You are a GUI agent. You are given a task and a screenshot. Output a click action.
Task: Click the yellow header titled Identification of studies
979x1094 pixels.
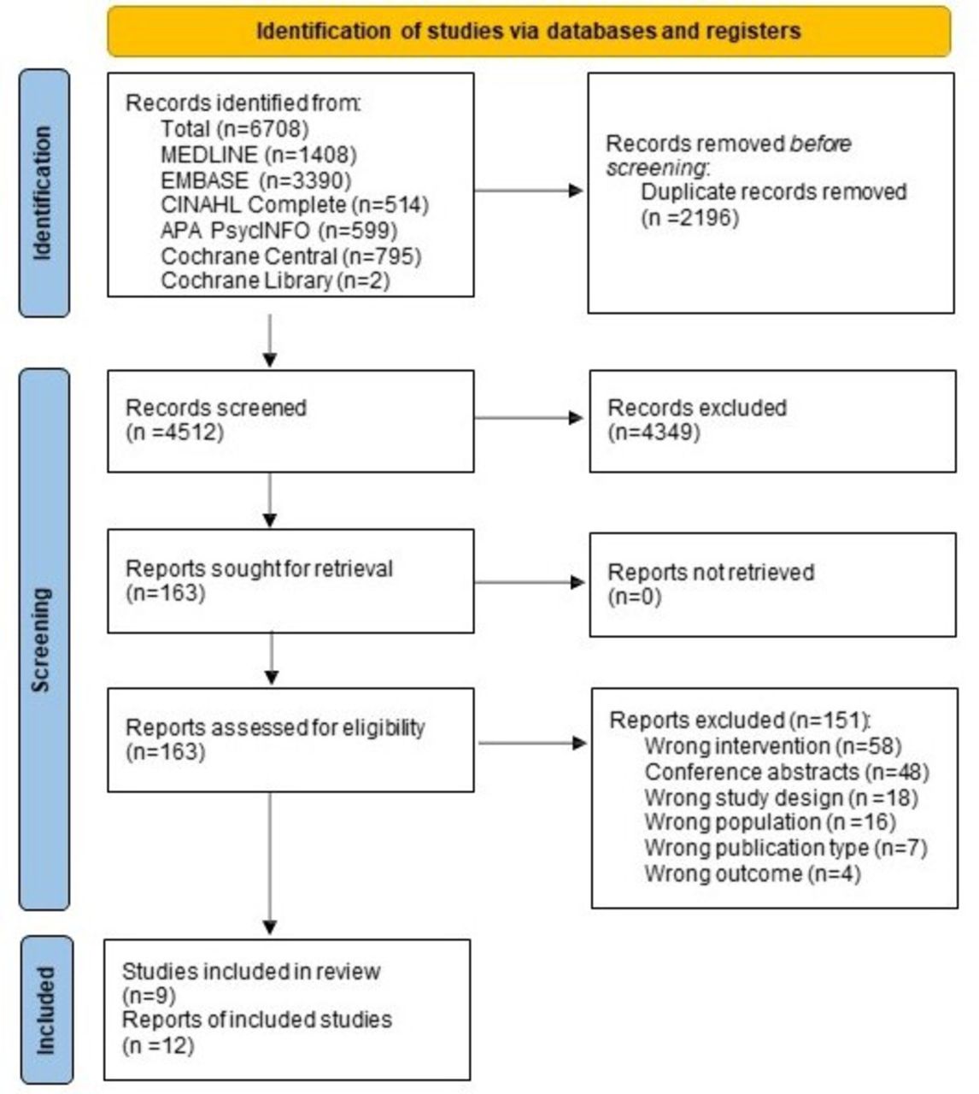point(529,32)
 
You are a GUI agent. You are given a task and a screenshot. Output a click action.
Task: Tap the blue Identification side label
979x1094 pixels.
point(44,193)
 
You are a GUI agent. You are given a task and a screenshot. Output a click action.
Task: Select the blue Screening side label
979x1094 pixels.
point(44,639)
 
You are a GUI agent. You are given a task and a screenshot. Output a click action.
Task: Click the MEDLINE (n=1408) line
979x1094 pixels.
point(259,155)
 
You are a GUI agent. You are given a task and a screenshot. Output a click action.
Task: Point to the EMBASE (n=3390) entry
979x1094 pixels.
point(256,180)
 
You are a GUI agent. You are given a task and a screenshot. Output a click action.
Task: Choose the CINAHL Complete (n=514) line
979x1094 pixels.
point(295,205)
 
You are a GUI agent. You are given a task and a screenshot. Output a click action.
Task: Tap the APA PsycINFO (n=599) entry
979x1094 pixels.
point(279,231)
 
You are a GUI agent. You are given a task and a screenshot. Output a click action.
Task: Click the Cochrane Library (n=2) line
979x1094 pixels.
point(275,281)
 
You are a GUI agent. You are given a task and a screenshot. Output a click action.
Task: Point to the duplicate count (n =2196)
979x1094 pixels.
point(689,218)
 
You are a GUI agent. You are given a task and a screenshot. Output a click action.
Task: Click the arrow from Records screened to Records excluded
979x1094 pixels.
point(529,417)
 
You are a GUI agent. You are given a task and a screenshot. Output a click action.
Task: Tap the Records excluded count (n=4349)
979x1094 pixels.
point(654,432)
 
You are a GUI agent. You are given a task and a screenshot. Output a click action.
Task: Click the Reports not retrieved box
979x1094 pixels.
point(773,585)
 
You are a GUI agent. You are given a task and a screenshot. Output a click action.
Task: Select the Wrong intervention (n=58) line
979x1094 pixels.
point(773,746)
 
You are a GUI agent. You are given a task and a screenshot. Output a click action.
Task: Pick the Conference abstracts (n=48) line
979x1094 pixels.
point(787,772)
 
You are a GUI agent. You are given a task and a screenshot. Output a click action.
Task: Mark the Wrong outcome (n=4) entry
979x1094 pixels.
point(753,873)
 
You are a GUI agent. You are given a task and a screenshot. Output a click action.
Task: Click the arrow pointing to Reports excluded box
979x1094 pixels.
point(533,743)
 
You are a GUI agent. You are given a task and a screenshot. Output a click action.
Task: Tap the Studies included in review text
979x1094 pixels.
point(251,972)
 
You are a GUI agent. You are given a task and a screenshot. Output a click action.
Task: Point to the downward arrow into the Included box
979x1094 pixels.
point(270,863)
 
